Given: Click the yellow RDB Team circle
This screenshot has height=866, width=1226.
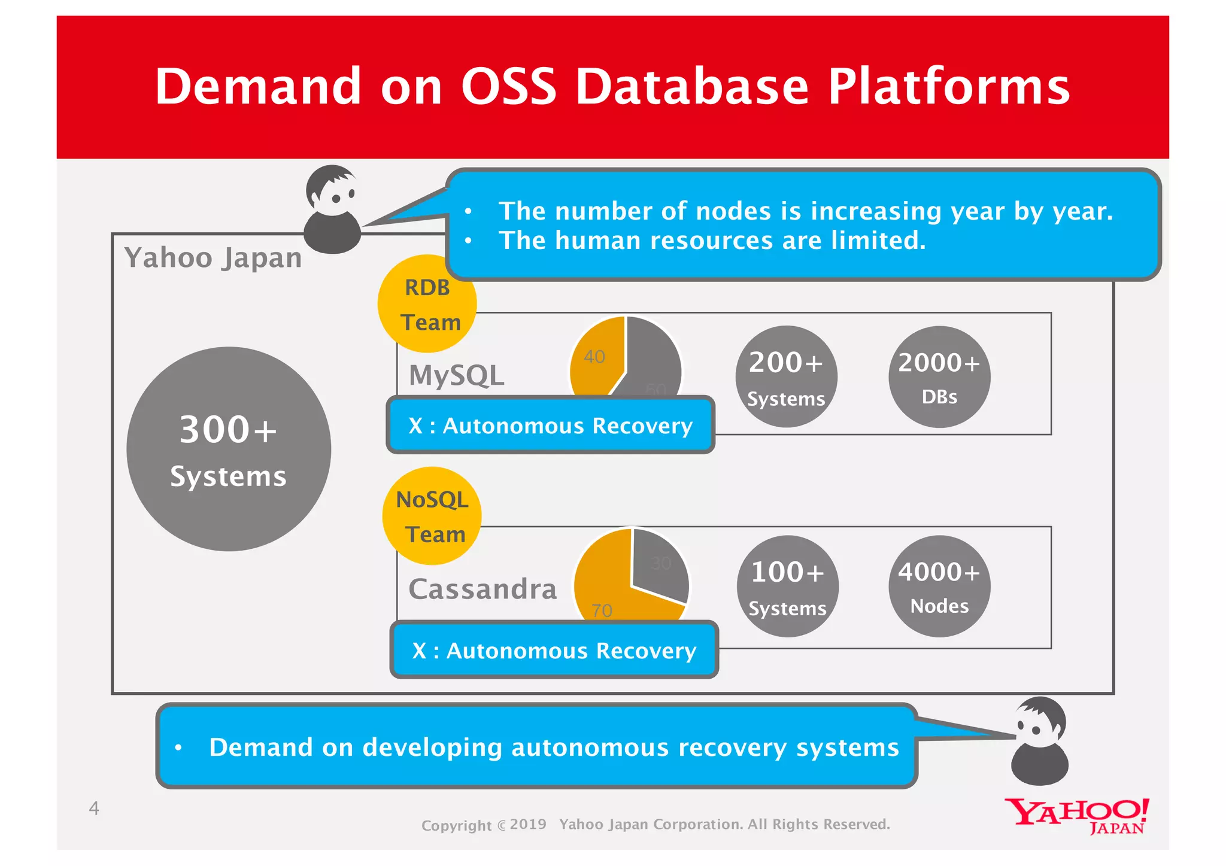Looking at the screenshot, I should click(427, 304).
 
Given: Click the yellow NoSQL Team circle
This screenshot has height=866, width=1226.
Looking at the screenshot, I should click(432, 516).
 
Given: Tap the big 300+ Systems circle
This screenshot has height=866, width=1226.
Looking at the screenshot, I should click(229, 449).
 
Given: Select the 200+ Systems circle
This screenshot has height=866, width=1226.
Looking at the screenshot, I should click(786, 376).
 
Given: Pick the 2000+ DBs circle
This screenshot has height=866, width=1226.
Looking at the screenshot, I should click(939, 376).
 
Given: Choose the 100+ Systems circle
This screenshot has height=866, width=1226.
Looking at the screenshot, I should click(787, 587).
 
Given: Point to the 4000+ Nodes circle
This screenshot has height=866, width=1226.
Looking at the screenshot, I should click(939, 587).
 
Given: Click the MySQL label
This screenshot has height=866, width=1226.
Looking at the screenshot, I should click(457, 375).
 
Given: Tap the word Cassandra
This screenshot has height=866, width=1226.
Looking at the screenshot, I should click(482, 589).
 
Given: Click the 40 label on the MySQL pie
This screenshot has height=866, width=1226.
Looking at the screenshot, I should click(594, 357).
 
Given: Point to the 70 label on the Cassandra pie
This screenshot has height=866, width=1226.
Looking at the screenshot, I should click(602, 610).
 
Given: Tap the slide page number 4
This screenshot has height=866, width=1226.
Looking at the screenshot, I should click(94, 809).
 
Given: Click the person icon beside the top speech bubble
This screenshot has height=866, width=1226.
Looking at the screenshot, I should click(333, 209).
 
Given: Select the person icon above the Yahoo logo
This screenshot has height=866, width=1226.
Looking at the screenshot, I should click(1040, 741).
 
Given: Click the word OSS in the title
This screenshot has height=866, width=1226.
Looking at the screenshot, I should click(508, 86).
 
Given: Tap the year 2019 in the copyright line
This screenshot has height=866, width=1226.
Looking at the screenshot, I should click(528, 824).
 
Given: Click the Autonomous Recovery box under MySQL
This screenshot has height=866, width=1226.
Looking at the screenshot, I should click(550, 426).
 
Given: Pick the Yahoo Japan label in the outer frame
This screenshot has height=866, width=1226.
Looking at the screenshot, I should click(213, 258).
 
